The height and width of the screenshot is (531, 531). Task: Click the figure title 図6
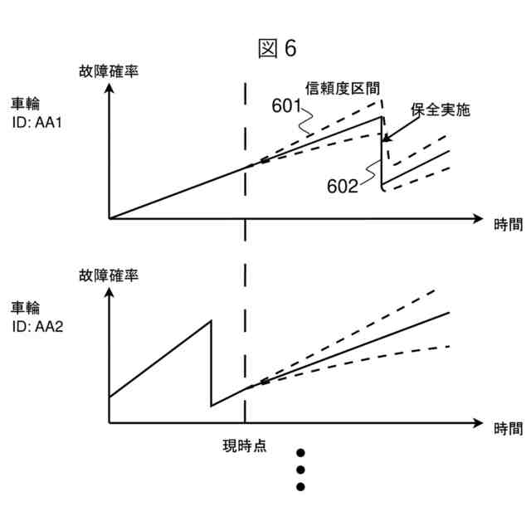277,49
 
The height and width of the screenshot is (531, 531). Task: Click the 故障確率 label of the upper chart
108,71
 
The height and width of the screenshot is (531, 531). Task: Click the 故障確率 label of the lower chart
108,275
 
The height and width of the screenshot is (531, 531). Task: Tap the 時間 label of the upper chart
508,223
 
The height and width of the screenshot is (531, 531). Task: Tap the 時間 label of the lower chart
508,428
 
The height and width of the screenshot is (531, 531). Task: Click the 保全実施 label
441,109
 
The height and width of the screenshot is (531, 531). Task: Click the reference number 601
285,105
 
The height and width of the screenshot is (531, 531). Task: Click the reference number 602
342,187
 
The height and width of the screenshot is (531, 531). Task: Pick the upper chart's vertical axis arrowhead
109,86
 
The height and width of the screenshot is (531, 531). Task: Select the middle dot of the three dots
301,470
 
